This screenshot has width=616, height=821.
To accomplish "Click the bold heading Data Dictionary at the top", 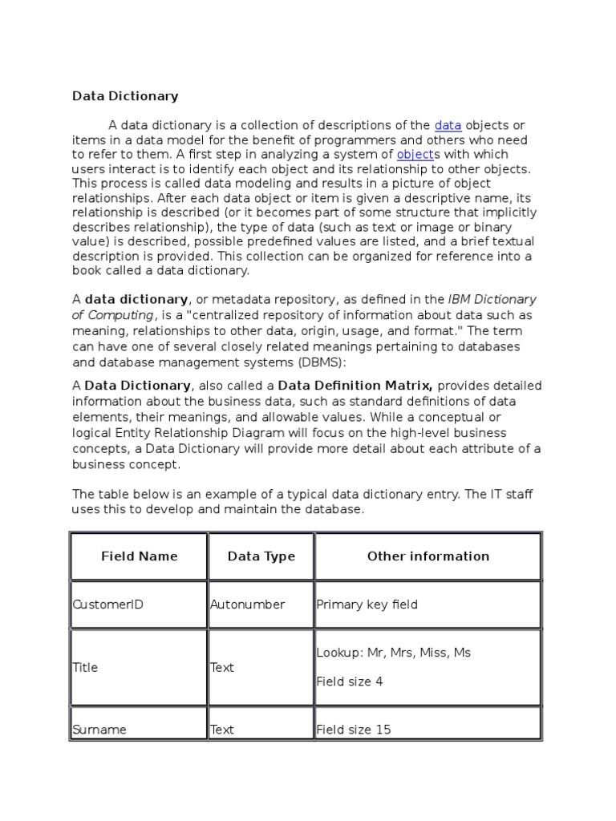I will point(125,96).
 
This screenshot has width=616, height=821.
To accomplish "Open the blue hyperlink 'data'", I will point(448,125).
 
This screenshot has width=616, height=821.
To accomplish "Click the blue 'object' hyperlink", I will point(415,154).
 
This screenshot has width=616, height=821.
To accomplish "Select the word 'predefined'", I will point(303,241).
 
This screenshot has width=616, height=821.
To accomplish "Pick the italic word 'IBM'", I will point(460,300).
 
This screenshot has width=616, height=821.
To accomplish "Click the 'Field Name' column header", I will point(140,556).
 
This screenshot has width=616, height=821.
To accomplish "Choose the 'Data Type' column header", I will point(261,556).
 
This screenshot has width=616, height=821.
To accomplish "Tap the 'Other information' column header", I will point(428,556).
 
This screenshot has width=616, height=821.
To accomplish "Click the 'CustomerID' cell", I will point(107,605).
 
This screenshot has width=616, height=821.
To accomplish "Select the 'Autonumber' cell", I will point(247,605).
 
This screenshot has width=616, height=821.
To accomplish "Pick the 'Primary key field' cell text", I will point(367,605).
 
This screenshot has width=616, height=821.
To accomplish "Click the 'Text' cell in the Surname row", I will point(222,730).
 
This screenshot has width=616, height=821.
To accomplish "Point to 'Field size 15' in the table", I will point(354,730).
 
